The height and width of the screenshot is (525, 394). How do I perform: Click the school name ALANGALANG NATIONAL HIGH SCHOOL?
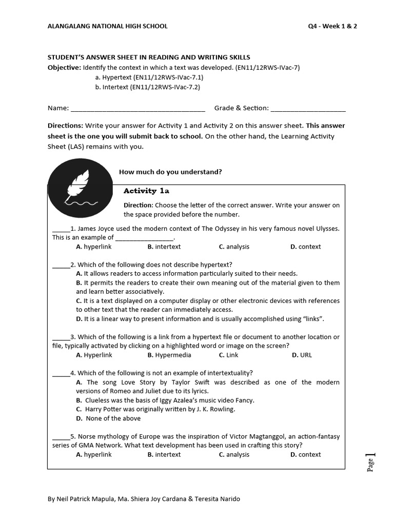(x=107, y=26)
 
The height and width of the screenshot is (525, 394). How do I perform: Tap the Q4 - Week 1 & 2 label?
(x=329, y=26)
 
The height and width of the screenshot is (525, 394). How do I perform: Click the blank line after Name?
(x=137, y=109)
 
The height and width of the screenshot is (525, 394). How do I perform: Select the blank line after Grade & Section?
(x=308, y=109)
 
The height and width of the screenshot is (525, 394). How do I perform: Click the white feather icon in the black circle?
(x=80, y=188)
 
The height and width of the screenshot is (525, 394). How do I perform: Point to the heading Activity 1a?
(x=146, y=191)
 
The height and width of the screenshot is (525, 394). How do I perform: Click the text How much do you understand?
(x=170, y=172)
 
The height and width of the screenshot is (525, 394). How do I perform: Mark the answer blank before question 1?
(x=61, y=229)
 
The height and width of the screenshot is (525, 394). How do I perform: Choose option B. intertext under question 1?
(x=164, y=247)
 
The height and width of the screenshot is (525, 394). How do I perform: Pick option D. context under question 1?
(x=305, y=247)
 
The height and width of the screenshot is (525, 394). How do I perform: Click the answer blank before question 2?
(x=61, y=265)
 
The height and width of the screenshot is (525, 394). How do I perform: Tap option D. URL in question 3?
(x=302, y=355)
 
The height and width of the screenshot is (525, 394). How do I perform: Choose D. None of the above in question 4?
(x=108, y=418)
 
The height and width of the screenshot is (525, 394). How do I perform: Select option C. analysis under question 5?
(x=234, y=454)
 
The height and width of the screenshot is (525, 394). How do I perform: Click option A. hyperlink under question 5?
(x=94, y=454)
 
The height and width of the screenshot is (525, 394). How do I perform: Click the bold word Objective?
(x=64, y=67)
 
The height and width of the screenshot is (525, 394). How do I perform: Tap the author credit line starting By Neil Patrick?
(x=143, y=499)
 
